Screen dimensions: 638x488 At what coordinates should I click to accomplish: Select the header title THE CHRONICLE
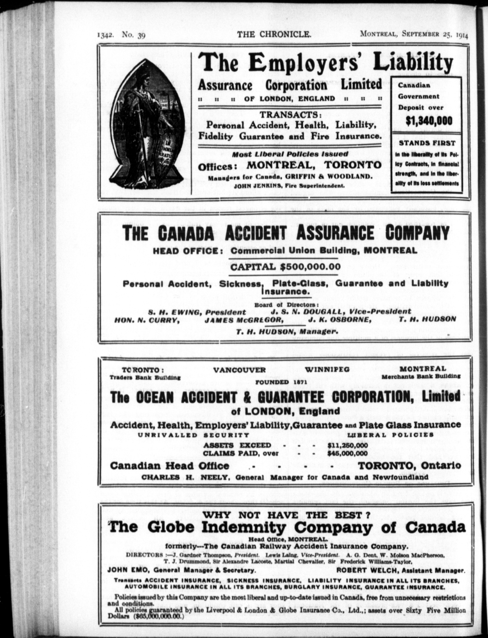pos(274,35)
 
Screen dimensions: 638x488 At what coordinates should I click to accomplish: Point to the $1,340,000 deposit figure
pos(425,120)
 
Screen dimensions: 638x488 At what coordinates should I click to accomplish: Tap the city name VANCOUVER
pos(240,370)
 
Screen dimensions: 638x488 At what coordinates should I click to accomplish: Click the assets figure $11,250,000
pos(347,446)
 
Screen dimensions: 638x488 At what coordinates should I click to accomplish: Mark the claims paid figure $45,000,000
pos(347,453)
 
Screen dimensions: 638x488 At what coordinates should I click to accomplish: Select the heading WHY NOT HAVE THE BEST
pos(286,515)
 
